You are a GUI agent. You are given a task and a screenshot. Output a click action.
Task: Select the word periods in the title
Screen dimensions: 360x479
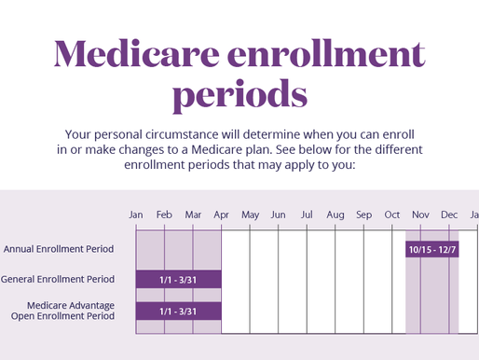tap(239, 94)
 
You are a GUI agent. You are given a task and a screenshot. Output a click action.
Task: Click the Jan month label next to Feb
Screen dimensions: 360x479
tap(136, 215)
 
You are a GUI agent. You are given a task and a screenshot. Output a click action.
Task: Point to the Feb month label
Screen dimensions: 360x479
tap(165, 215)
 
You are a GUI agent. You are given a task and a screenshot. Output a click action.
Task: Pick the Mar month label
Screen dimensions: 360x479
tap(193, 215)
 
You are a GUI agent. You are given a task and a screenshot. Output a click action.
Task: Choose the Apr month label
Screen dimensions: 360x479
tap(222, 215)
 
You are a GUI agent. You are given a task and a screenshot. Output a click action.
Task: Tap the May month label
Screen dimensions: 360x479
tap(250, 215)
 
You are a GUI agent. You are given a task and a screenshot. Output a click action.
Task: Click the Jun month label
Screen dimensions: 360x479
tap(279, 215)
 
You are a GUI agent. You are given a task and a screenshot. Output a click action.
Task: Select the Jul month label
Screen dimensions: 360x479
tap(307, 215)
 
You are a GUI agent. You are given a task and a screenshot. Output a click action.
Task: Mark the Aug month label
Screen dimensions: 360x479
tap(335, 215)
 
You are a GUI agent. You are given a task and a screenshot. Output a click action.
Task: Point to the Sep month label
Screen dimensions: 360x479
tap(363, 215)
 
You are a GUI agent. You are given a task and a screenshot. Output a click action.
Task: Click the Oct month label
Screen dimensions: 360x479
tap(392, 215)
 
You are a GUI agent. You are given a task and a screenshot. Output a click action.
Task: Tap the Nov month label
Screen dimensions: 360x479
tap(420, 215)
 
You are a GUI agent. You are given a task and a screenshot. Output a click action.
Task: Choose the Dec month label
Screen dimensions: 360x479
tap(449, 215)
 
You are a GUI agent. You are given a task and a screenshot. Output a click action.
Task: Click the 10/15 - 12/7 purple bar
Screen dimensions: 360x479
tap(432, 249)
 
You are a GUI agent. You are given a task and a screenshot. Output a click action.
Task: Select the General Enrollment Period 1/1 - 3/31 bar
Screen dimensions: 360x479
tap(178, 279)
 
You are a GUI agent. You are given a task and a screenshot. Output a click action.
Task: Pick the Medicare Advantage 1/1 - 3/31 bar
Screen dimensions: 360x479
tap(178, 311)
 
